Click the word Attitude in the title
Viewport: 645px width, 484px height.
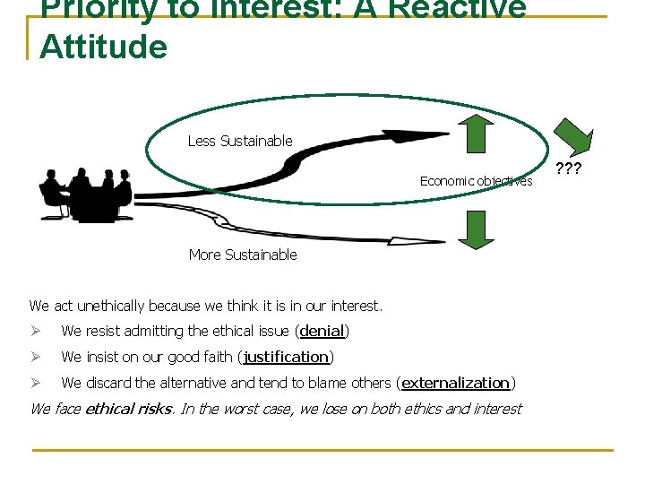(103, 47)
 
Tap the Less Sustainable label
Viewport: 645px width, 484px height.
(239, 141)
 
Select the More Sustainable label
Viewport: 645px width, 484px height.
(242, 255)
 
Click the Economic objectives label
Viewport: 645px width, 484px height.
(476, 181)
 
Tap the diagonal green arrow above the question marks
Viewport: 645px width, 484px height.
(572, 136)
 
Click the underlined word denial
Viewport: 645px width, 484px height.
(322, 332)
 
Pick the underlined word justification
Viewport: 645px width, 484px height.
(287, 358)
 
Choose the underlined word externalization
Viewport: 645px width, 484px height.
(455, 384)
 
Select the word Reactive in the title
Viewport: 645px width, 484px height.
(465, 8)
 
